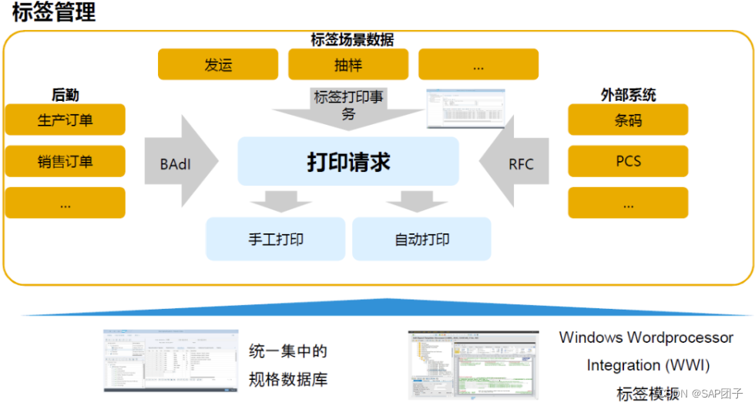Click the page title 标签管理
point(54,13)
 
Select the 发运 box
point(218,65)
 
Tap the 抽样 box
point(348,65)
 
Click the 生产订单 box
point(65,120)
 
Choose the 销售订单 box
point(65,162)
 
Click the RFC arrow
point(518,163)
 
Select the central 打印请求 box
point(348,162)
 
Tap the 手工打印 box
point(276,239)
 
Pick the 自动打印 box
point(421,239)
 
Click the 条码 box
point(628,120)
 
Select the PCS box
point(628,162)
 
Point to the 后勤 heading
point(65,95)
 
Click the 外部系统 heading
point(628,95)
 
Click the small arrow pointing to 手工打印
point(276,200)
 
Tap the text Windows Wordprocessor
point(646,337)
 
